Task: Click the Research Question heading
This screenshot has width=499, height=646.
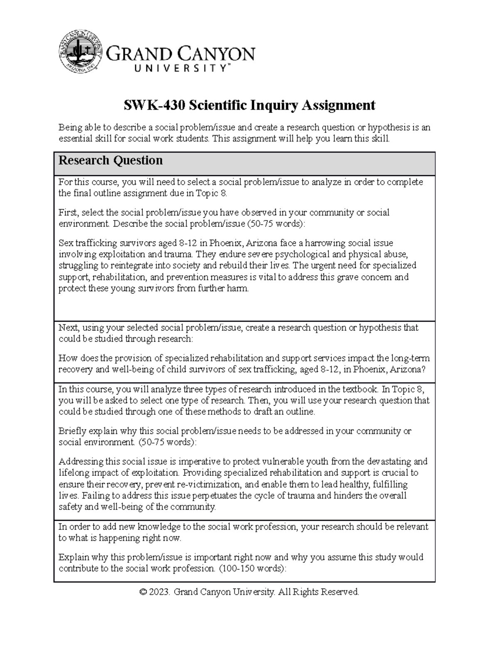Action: pos(110,161)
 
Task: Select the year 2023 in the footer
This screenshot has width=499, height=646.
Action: pos(160,592)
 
